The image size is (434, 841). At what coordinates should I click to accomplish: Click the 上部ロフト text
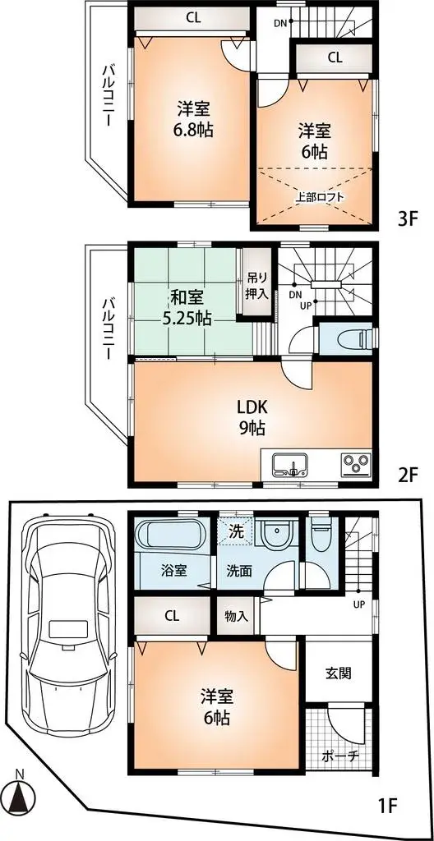(x=320, y=196)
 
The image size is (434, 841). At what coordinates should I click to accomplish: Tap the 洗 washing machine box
(x=234, y=531)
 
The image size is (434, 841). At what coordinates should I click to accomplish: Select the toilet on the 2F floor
(x=346, y=338)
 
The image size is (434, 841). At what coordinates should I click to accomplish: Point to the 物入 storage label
(x=238, y=615)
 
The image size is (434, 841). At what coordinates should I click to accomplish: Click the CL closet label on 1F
(x=172, y=615)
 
